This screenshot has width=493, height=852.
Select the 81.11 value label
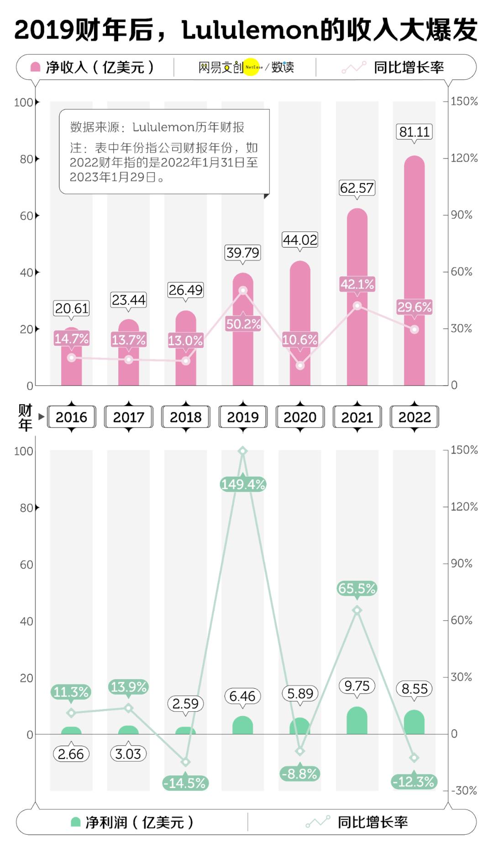414,132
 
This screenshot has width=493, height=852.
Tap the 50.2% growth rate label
243,324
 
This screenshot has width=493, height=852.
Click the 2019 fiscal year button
243,417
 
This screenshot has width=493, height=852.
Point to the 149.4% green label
243,484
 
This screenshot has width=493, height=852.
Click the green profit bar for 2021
357,721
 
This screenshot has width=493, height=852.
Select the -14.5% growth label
185,783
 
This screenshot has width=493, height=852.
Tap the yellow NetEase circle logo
252,67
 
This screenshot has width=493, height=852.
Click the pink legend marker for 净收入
35,68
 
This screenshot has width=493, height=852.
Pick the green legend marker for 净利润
76,822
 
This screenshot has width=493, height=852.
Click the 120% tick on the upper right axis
464,158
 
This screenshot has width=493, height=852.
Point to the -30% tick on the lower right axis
464,790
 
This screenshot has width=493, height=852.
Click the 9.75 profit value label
357,686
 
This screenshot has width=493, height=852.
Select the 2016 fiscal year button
71,417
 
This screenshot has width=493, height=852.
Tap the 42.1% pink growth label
357,284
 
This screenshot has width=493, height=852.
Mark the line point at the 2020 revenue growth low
300,365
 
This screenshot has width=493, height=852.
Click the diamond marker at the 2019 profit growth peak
243,451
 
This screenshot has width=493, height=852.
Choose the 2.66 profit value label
71,754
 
